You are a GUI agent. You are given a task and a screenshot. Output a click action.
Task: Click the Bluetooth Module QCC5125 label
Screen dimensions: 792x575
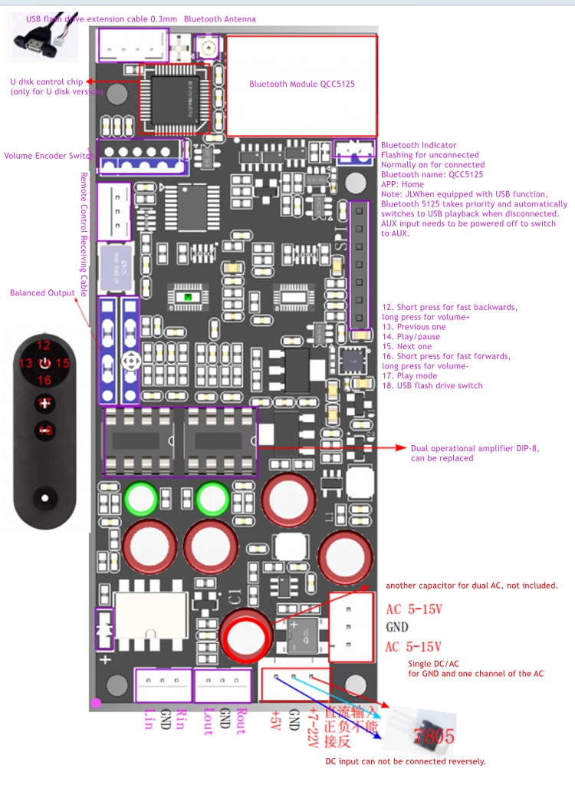pos(301,84)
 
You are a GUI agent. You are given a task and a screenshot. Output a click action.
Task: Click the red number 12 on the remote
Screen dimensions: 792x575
pos(44,345)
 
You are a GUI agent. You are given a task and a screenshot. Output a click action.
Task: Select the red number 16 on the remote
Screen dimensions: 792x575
pos(44,381)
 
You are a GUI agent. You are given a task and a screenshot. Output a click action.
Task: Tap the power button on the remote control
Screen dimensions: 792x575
pos(44,363)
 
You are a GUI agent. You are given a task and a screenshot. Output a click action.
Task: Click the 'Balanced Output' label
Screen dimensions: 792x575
pos(42,293)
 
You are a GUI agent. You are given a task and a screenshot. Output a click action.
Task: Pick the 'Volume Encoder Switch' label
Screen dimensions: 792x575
pos(48,156)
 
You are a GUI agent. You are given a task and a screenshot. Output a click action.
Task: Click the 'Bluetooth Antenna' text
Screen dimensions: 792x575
pos(220,19)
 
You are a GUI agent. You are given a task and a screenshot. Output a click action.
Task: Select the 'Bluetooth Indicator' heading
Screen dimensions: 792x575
pos(419,145)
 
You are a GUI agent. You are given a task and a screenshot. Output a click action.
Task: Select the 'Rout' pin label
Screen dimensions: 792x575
pos(242,721)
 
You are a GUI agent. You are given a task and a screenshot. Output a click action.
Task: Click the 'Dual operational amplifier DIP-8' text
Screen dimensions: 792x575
pos(475,448)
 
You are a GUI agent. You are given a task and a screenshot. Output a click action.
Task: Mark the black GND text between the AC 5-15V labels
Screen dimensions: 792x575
pos(397,627)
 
